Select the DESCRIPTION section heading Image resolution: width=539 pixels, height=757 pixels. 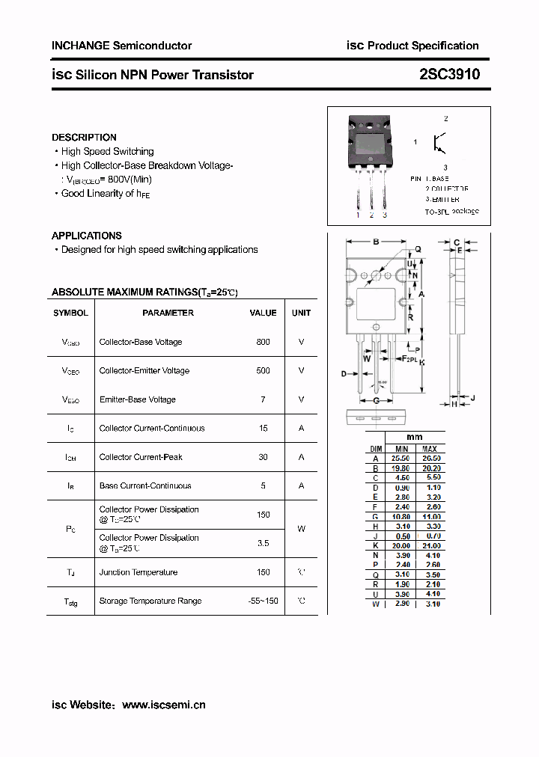84,138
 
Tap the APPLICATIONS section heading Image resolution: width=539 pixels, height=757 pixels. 87,236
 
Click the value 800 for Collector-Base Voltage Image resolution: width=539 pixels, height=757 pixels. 263,342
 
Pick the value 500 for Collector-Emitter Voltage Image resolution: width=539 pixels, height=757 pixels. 263,370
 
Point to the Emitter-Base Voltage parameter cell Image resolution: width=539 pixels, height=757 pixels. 137,399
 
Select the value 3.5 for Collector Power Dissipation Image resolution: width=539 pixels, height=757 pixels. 263,543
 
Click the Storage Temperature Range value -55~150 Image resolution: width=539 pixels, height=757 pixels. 263,601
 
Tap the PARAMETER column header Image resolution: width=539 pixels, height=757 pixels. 168,313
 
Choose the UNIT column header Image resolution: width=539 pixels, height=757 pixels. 301,313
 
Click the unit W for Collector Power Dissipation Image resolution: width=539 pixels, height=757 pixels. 301,529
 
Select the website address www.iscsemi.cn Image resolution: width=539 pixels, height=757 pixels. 163,705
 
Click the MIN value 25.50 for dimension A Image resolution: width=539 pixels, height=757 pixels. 402,458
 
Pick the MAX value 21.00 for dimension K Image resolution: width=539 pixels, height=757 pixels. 431,545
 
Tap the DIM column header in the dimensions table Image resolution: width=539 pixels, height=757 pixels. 376,449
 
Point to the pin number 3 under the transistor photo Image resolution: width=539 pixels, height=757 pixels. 385,215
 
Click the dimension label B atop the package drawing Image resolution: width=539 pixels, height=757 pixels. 376,242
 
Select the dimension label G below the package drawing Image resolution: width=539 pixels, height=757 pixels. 376,401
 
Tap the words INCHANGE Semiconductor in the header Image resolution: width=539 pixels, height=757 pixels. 121,46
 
